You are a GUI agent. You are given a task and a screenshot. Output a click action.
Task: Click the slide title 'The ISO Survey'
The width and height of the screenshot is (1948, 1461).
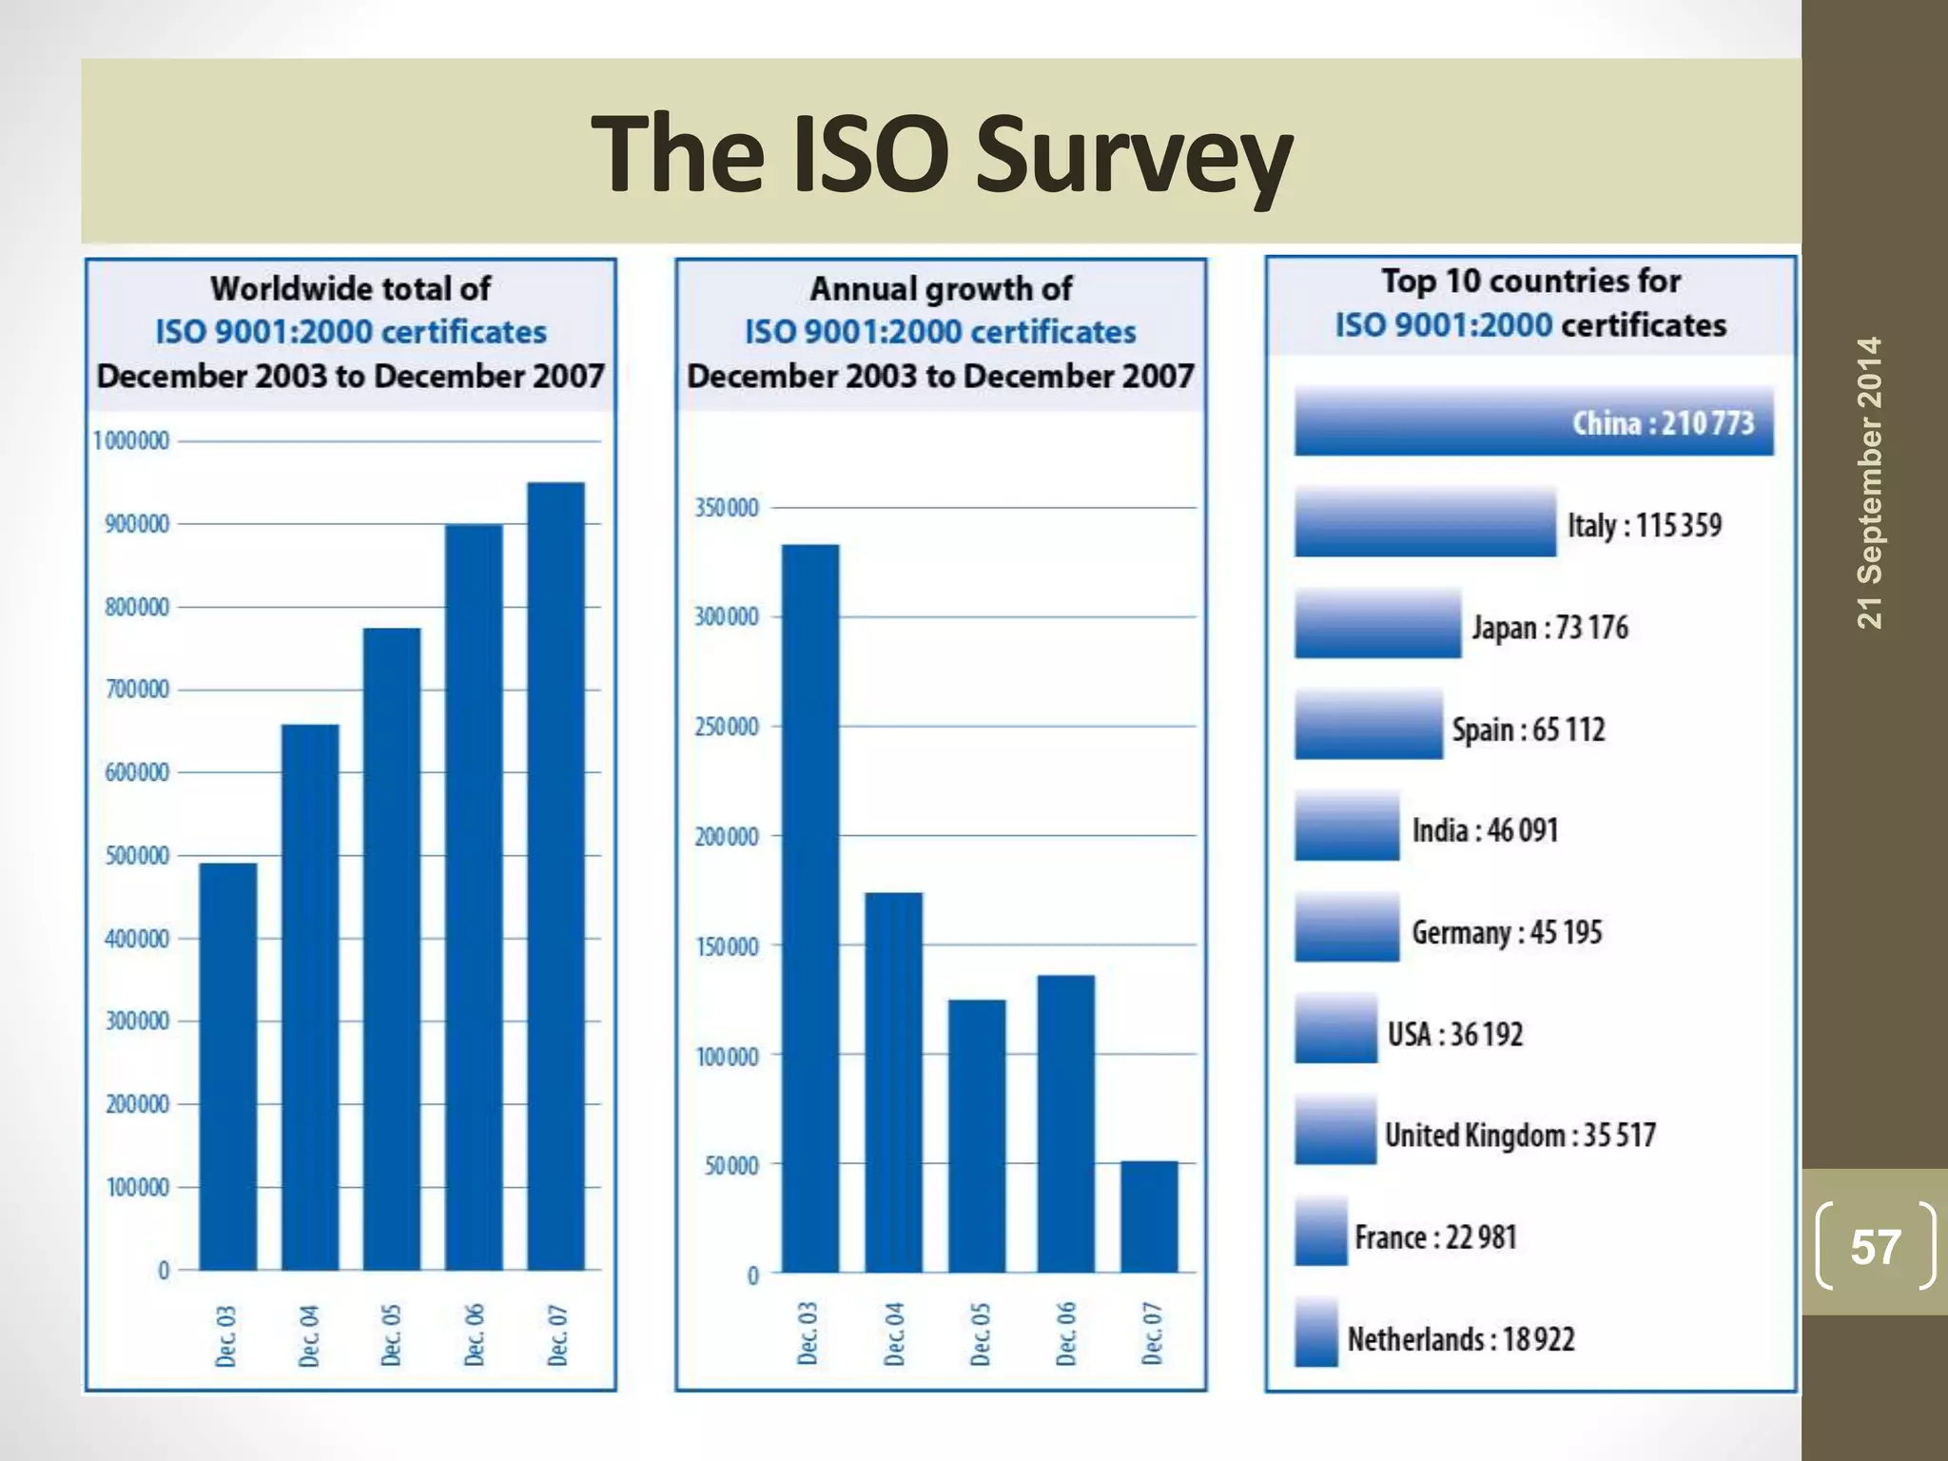(x=941, y=154)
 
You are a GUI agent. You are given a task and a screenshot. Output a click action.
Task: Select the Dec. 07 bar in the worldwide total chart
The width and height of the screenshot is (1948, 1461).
(x=556, y=875)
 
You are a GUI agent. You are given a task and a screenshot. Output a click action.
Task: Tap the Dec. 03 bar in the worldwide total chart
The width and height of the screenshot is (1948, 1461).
(x=227, y=1065)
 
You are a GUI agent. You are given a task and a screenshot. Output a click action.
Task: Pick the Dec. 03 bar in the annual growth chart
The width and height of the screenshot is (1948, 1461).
(x=810, y=908)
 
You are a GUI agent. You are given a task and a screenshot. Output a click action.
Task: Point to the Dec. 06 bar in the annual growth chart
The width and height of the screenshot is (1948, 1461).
(x=1065, y=1122)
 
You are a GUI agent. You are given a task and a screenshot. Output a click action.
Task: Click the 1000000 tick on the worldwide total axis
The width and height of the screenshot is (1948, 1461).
(x=131, y=441)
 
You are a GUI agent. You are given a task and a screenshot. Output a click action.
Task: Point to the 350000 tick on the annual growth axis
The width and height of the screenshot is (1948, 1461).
(x=727, y=508)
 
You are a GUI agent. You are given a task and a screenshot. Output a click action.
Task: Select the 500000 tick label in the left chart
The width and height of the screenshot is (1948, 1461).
(x=137, y=856)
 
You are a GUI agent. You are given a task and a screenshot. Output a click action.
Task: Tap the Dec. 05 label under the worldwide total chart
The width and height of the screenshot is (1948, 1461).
(x=391, y=1335)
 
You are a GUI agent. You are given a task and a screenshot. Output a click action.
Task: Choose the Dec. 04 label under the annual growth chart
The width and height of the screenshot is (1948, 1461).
(x=894, y=1334)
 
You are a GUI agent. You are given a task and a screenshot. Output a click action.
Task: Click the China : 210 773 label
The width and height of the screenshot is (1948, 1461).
(x=1662, y=422)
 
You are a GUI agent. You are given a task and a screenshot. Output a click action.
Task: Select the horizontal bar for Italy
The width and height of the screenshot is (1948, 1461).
(x=1425, y=522)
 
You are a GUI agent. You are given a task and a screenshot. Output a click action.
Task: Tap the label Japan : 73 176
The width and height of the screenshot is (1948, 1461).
(x=1549, y=628)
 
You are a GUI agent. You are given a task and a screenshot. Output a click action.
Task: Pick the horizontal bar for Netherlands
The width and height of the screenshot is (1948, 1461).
(x=1316, y=1333)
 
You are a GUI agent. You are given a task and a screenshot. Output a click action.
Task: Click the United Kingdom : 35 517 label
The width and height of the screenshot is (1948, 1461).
(x=1519, y=1135)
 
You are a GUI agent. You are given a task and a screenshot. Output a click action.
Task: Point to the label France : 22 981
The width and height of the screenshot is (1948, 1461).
(x=1435, y=1237)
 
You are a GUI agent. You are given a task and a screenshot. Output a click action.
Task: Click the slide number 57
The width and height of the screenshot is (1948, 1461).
(x=1875, y=1247)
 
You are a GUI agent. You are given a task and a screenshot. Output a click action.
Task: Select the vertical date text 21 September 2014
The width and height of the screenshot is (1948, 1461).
(x=1869, y=482)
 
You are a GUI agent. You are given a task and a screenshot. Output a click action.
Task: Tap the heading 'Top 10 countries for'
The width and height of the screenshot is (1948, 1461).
(x=1530, y=282)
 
